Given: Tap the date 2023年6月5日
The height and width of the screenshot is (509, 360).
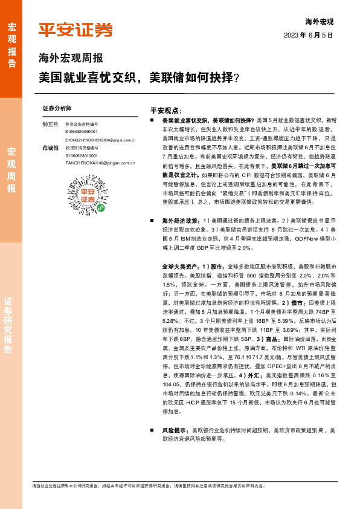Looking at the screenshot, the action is [308, 36].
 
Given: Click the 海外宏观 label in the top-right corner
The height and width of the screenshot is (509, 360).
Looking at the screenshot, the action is [319, 22].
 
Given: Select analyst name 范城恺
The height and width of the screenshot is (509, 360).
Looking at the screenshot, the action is [50, 147].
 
